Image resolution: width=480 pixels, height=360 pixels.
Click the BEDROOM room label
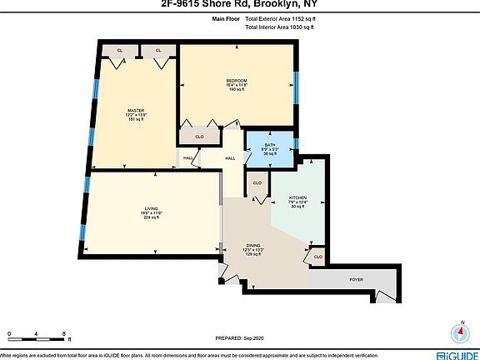[237, 80]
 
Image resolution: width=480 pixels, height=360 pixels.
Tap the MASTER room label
[136, 110]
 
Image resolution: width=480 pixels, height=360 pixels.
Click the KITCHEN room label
[298, 197]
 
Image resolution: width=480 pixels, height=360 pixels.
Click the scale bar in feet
[37, 336]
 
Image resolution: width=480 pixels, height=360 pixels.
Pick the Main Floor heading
[226, 17]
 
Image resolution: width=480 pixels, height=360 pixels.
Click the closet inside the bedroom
[199, 136]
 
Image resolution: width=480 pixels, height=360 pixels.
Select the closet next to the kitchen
[257, 182]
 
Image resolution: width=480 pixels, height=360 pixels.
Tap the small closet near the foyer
[317, 259]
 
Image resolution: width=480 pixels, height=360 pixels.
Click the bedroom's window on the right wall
[297, 87]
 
